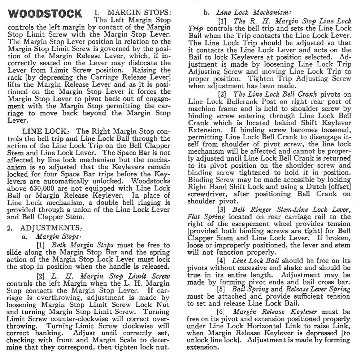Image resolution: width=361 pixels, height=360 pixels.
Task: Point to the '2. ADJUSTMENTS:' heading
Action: (46, 228)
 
